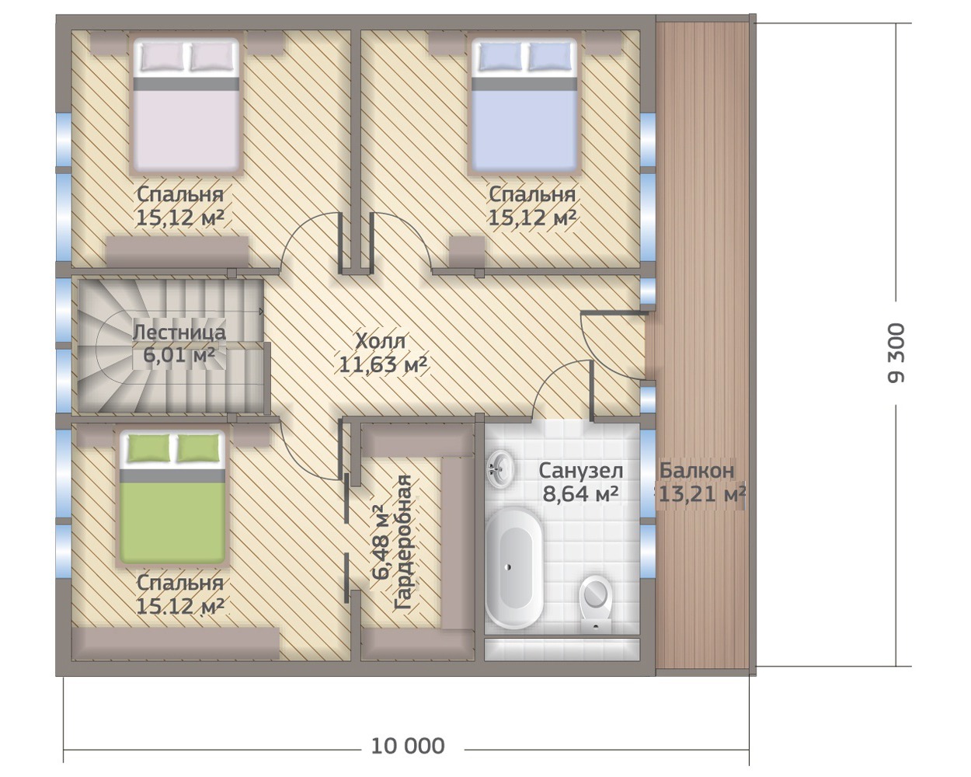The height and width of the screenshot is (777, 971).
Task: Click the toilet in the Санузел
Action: [x=596, y=603]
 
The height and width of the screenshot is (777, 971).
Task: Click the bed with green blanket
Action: [x=172, y=497]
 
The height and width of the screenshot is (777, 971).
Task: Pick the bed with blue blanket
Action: [x=524, y=106]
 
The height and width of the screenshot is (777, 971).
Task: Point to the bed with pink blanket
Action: [x=186, y=106]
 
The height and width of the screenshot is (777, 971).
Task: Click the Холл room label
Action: [x=381, y=341]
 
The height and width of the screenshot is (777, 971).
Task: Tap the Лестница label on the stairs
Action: [x=179, y=333]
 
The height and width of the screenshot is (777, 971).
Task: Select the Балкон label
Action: [x=697, y=471]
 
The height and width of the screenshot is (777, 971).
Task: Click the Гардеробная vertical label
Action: [x=402, y=542]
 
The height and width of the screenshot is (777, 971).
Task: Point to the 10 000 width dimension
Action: [x=408, y=746]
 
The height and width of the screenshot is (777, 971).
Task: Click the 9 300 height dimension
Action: [x=896, y=353]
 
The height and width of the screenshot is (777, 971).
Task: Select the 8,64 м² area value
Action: [x=580, y=494]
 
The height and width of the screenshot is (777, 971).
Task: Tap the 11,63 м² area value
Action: [x=383, y=364]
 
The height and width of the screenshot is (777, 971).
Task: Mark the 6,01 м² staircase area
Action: [x=179, y=355]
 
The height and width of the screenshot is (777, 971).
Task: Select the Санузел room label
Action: [x=581, y=471]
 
